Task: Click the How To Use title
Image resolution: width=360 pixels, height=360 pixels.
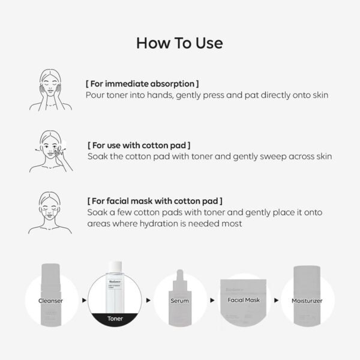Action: (179, 43)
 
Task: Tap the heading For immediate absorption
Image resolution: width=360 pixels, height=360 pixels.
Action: (142, 83)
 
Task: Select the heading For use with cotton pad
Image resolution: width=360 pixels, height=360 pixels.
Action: (139, 145)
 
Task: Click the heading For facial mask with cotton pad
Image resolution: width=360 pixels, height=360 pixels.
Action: (155, 201)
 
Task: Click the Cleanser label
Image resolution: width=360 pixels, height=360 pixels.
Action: (50, 300)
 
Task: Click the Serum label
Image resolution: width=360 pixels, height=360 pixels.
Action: (180, 300)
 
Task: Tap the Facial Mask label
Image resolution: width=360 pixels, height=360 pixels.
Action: (244, 299)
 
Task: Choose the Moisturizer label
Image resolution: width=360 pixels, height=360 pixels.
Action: (308, 300)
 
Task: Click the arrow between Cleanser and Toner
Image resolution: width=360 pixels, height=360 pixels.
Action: (82, 299)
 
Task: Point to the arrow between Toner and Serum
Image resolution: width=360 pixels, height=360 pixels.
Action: (148, 299)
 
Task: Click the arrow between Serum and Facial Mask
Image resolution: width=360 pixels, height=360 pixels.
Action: (211, 299)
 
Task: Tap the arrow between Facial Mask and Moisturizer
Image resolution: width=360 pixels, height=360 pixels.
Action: (277, 299)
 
